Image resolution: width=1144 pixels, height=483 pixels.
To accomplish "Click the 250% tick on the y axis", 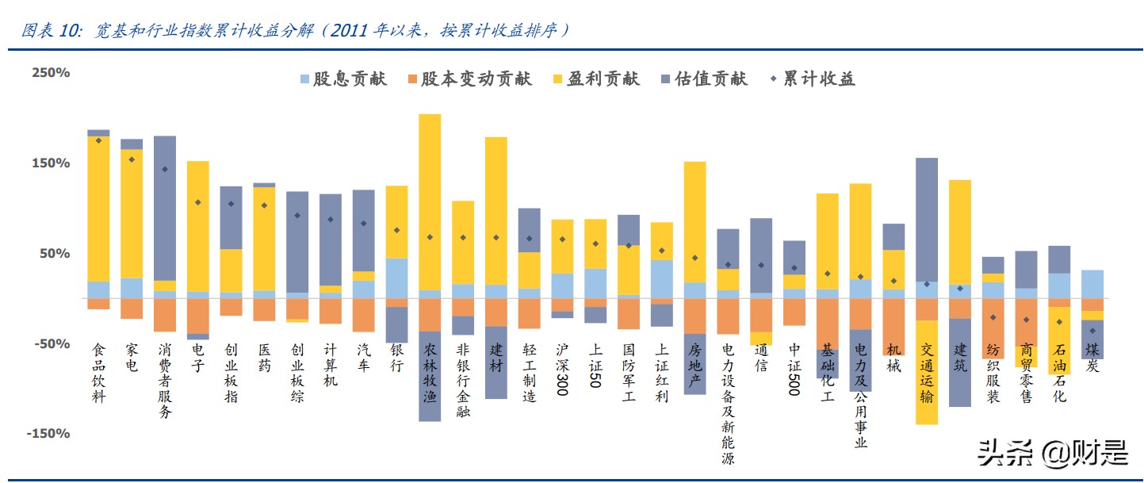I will [51, 73].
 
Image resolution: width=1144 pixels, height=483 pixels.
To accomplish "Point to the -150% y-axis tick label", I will [48, 434].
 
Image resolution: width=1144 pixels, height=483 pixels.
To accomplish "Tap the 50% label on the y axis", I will [54, 254].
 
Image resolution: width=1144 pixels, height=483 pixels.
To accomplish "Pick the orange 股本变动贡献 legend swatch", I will [412, 79].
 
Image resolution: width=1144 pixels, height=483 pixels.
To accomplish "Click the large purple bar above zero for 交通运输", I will [926, 220].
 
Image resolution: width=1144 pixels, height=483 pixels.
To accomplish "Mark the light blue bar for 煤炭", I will [1092, 284].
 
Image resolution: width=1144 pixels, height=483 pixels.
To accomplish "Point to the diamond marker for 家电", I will [132, 159].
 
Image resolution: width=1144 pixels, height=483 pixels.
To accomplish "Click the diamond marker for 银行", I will [396, 230].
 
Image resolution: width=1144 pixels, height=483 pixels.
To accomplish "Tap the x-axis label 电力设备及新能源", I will [728, 404].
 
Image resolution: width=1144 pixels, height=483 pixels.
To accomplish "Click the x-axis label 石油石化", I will [1059, 373].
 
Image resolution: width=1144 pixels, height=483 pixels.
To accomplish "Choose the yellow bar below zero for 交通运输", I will [926, 372].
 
